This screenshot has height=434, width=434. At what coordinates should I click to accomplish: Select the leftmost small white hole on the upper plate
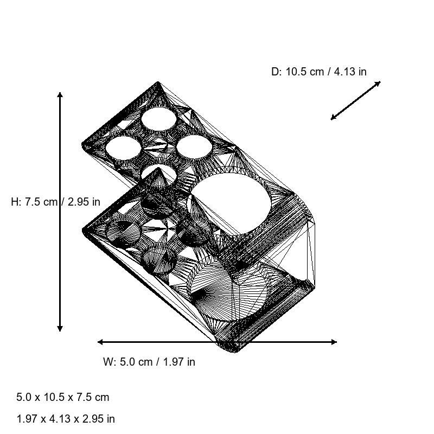(x=123, y=148)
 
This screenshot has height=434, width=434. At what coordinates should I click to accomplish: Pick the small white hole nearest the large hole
(x=194, y=146)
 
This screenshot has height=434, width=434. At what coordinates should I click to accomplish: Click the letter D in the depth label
(x=275, y=72)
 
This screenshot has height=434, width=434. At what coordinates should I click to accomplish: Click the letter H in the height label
(x=15, y=202)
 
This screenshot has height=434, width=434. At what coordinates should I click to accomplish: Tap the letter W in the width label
(x=107, y=362)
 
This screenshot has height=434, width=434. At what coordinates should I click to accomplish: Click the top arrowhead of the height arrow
(x=60, y=95)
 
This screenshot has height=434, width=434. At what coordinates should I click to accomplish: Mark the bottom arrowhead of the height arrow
(x=60, y=328)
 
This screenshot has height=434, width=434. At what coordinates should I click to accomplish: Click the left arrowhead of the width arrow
(x=100, y=342)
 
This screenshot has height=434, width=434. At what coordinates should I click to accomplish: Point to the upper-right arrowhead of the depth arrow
(x=378, y=83)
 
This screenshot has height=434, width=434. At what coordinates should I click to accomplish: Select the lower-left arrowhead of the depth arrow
(x=333, y=118)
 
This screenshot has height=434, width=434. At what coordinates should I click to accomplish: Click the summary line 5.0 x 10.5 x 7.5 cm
(x=63, y=397)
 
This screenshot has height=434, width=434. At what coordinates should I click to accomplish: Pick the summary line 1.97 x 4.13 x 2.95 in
(x=66, y=419)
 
